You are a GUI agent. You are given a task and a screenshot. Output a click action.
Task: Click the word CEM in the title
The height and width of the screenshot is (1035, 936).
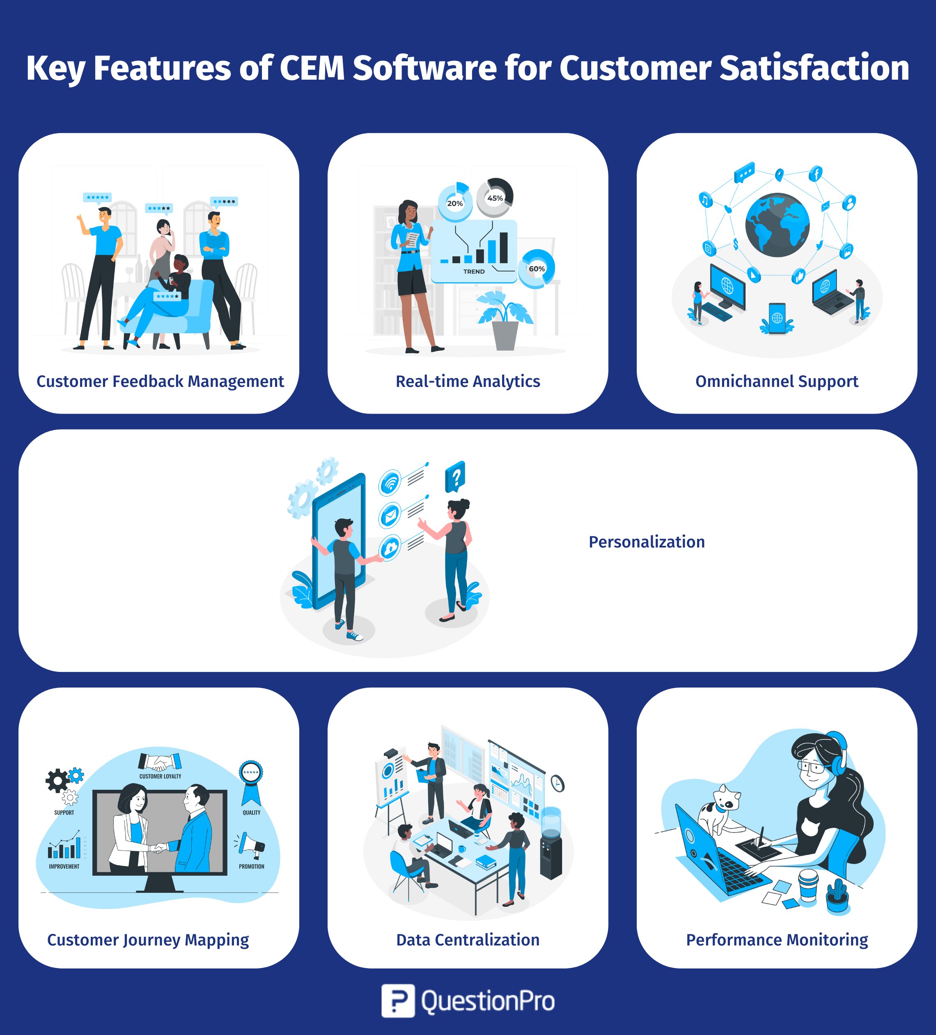(312, 68)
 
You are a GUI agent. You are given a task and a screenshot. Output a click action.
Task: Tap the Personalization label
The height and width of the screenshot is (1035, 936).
(647, 542)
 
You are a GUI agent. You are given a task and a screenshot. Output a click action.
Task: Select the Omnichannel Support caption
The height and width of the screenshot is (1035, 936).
(776, 382)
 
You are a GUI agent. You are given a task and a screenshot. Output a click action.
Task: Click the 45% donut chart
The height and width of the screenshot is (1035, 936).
(495, 197)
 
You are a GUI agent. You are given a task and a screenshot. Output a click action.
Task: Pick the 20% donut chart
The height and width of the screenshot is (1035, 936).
(455, 203)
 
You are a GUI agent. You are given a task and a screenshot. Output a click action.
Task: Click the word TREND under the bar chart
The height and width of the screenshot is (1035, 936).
(474, 271)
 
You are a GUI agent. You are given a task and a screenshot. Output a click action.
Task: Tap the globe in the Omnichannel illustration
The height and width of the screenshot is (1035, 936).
(778, 225)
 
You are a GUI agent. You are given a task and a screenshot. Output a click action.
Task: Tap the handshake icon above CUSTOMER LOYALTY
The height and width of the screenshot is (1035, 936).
(160, 761)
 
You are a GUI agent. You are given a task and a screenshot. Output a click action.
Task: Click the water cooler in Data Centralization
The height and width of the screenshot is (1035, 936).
(551, 843)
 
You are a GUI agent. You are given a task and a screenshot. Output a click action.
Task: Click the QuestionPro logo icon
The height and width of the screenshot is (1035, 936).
(398, 1001)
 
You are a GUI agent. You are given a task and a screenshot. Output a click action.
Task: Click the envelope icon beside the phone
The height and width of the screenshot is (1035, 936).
(390, 515)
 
